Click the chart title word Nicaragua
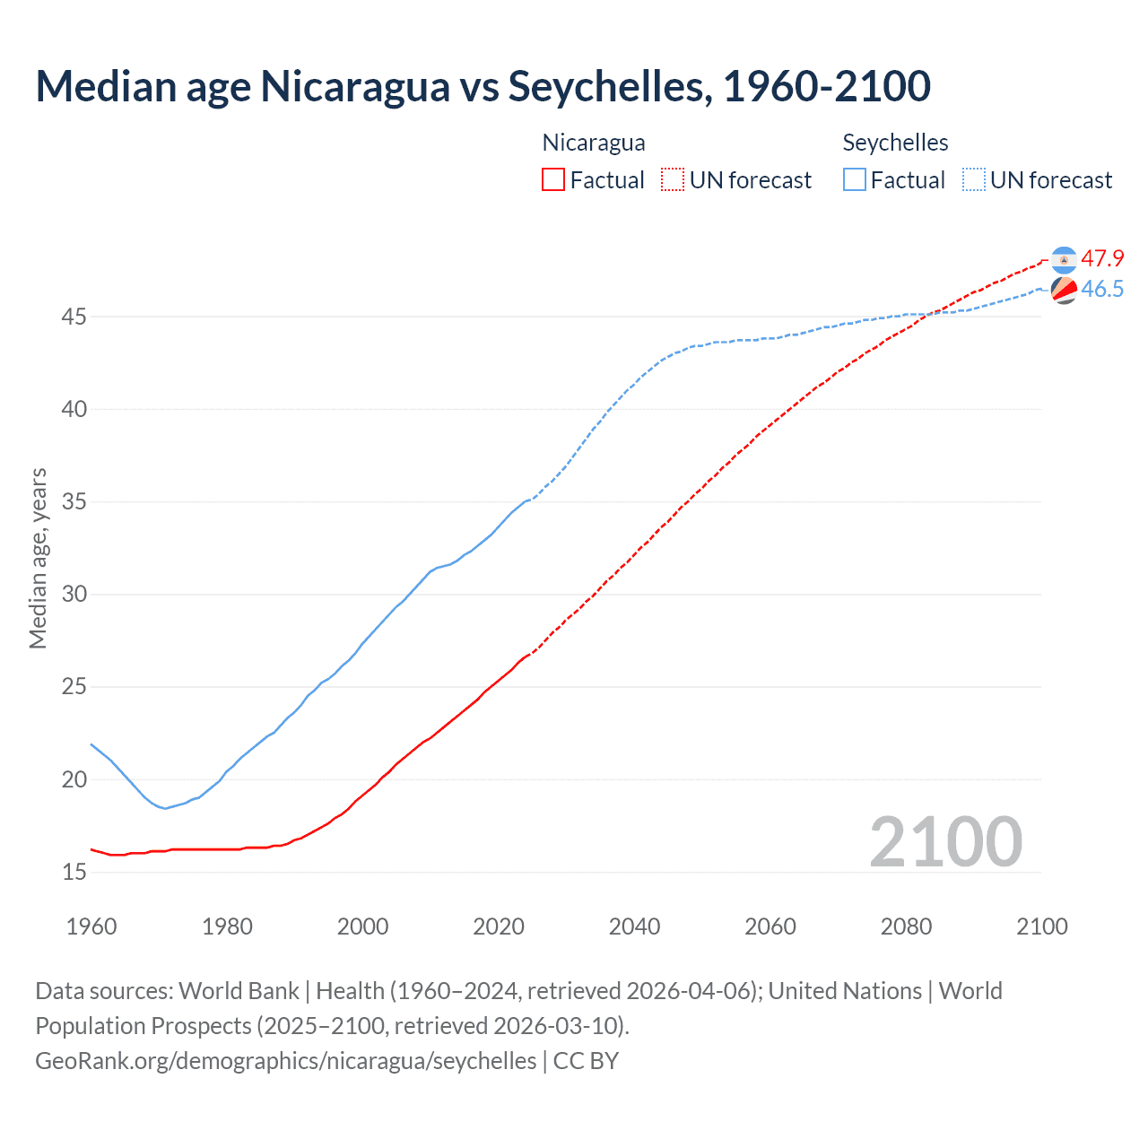[x=354, y=86]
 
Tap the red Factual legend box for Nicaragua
[x=553, y=179]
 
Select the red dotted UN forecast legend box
[x=673, y=179]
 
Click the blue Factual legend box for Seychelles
[x=855, y=179]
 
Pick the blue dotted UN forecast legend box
[x=974, y=179]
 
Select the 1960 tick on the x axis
[x=91, y=926]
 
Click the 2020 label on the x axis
[x=499, y=926]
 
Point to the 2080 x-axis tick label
[x=906, y=926]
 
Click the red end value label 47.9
[x=1102, y=259]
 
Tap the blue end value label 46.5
[x=1102, y=289]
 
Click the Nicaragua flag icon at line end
[x=1064, y=259]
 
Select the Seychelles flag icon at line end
[x=1064, y=290]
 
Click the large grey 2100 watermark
[x=945, y=841]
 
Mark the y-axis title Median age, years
[x=38, y=558]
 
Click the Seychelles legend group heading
[x=895, y=143]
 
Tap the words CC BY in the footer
[x=586, y=1061]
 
